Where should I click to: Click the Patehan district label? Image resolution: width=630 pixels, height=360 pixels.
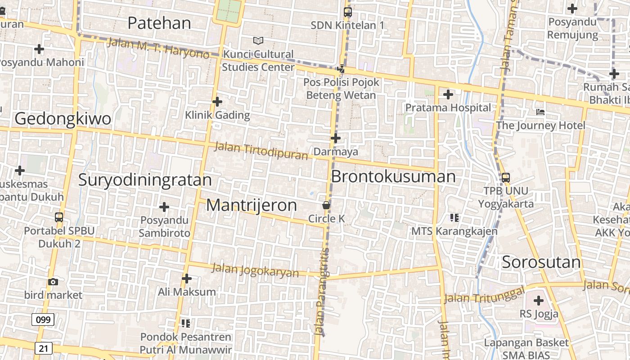159,23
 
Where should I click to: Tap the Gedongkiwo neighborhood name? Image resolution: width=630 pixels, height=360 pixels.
63,119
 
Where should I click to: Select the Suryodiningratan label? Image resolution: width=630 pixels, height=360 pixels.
145,180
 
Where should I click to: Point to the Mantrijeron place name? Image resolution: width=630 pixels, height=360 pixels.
252,205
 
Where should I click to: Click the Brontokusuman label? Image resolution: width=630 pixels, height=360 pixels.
393,176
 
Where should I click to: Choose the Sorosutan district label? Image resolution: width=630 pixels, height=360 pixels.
541,262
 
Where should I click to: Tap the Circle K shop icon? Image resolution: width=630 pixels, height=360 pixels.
326,205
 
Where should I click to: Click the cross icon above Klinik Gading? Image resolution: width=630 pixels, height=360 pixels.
217,102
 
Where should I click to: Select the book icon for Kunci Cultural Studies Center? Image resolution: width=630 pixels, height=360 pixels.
258,41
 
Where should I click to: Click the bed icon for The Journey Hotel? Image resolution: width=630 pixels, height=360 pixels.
540,112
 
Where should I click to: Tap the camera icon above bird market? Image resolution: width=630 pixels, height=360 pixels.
53,282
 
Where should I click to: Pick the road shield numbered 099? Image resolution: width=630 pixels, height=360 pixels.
43,320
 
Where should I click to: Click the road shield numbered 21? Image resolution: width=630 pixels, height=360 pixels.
43,348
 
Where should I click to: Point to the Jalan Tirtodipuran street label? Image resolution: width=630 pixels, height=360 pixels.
261,151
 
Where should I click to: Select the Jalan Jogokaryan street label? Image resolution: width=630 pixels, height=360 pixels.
255,270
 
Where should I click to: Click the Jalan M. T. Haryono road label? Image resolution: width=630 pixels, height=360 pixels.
158,48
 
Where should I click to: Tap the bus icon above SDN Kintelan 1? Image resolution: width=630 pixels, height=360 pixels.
348,12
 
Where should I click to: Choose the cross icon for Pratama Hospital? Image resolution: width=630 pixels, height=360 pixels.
448,94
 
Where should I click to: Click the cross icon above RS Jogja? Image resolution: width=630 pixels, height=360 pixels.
539,300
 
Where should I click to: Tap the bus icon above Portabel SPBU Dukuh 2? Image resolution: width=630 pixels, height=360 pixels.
59,217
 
